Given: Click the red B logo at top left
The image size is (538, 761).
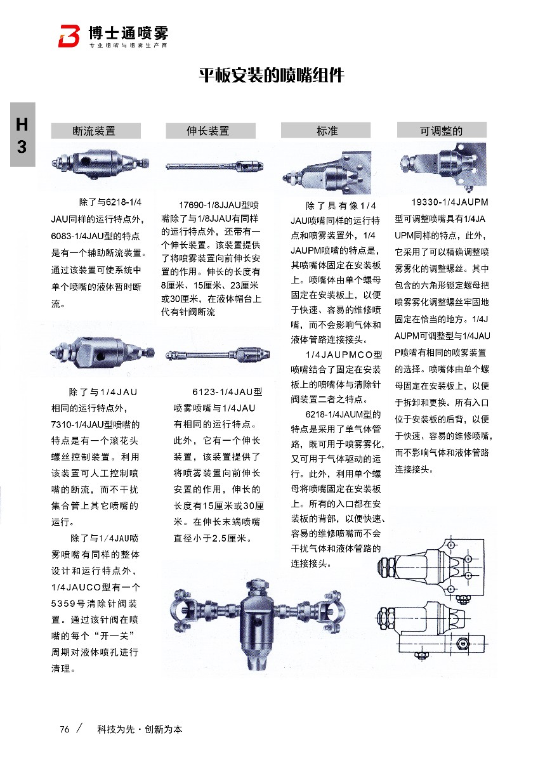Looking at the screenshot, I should point(69,36).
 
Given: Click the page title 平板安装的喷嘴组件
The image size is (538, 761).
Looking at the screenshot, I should point(272,75).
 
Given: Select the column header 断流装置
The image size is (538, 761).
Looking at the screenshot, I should point(96,131).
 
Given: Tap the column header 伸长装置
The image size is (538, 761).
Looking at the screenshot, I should point(207,131).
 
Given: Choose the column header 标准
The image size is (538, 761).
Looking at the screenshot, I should point(327,131).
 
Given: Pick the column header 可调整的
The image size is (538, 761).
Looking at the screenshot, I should point(442,131).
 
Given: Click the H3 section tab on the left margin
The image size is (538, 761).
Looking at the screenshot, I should point(22,136).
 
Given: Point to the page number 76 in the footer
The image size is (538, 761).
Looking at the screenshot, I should point(64,729).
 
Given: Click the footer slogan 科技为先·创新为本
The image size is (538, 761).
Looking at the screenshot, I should point(140,729).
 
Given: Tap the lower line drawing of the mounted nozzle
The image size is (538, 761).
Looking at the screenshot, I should point(435,628).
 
